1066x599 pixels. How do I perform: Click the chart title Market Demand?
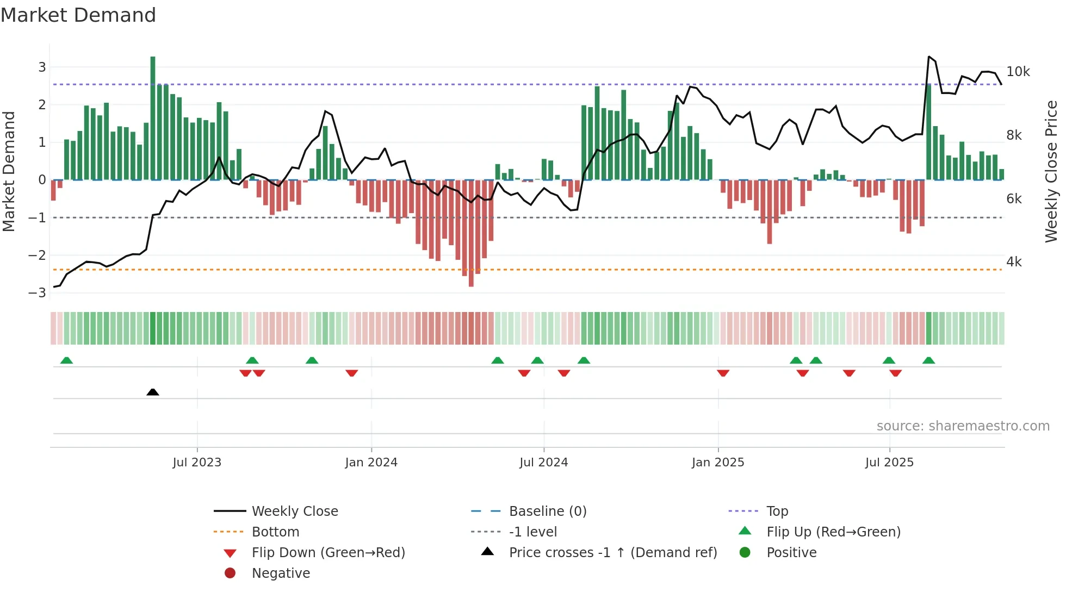pyautogui.click(x=78, y=15)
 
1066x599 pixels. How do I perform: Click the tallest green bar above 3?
pyautogui.click(x=153, y=117)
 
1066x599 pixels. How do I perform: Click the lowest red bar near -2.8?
pyautogui.click(x=471, y=234)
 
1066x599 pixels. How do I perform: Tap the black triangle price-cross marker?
pyautogui.click(x=153, y=392)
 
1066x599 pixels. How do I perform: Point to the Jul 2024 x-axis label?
pyautogui.click(x=543, y=463)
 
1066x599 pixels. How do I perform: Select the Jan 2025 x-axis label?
pyautogui.click(x=718, y=463)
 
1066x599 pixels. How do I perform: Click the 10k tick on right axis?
pyautogui.click(x=1018, y=72)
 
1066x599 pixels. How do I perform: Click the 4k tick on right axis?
pyautogui.click(x=1014, y=262)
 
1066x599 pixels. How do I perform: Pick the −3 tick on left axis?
pyautogui.click(x=38, y=293)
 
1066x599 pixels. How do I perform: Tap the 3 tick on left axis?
pyautogui.click(x=42, y=67)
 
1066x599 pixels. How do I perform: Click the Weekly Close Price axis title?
pyautogui.click(x=1051, y=171)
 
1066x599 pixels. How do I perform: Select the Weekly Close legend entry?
pyautogui.click(x=294, y=511)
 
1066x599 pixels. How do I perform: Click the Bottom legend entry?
pyautogui.click(x=275, y=532)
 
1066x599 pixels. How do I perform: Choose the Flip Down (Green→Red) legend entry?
pyautogui.click(x=328, y=553)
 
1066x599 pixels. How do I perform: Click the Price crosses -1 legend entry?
pyautogui.click(x=612, y=553)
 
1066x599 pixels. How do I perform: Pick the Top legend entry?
pyautogui.click(x=777, y=511)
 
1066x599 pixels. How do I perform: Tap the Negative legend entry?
pyautogui.click(x=281, y=573)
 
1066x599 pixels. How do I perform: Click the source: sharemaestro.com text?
pyautogui.click(x=963, y=426)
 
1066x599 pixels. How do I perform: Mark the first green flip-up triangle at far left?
pyautogui.click(x=66, y=360)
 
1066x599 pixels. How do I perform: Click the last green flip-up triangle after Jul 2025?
pyautogui.click(x=928, y=360)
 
